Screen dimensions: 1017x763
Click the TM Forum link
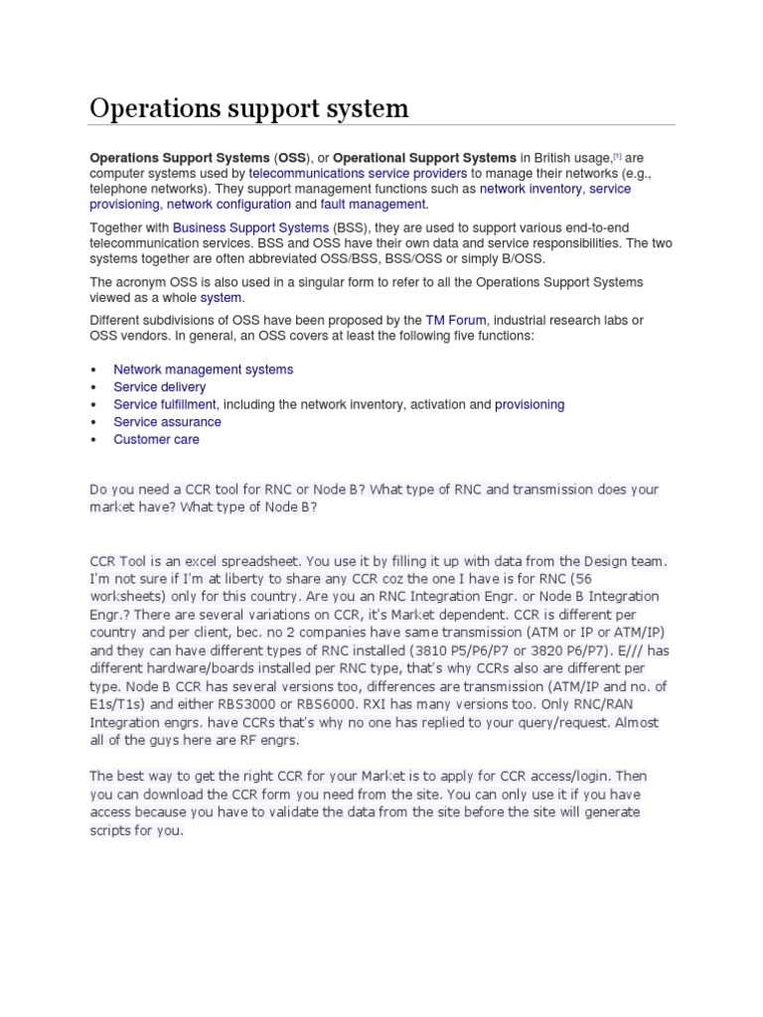pos(455,320)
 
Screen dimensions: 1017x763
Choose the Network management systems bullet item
pos(203,369)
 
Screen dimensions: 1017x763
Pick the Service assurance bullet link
pos(167,422)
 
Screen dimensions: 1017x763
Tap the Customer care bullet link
pos(156,439)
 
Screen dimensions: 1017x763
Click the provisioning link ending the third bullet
pos(530,404)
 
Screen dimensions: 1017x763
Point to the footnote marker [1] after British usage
pos(617,155)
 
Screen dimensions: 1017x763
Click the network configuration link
pos(229,204)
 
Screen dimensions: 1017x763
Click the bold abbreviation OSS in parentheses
pos(292,157)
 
